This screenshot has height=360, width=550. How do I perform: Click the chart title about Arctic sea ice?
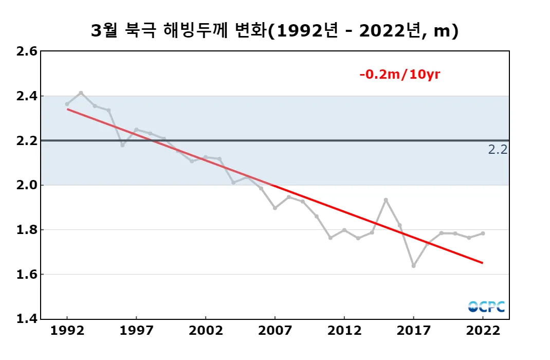pyautogui.click(x=274, y=31)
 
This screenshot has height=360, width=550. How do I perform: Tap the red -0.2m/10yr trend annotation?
pyautogui.click(x=400, y=75)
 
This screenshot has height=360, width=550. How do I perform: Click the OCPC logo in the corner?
pyautogui.click(x=486, y=307)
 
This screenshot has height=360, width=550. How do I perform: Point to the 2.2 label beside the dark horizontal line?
pyautogui.click(x=498, y=150)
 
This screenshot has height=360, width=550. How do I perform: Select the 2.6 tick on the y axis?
pyautogui.click(x=27, y=51)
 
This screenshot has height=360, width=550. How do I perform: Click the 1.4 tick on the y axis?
pyautogui.click(x=27, y=319)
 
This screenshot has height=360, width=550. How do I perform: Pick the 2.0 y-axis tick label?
pyautogui.click(x=27, y=185)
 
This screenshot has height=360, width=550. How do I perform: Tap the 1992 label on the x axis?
pyautogui.click(x=67, y=331)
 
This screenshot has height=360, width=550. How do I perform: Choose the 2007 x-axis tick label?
pyautogui.click(x=275, y=331)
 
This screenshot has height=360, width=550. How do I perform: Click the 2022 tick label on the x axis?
pyautogui.click(x=483, y=331)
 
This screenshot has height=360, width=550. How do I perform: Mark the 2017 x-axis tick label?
pyautogui.click(x=413, y=331)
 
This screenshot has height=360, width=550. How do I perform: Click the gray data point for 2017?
pyautogui.click(x=413, y=266)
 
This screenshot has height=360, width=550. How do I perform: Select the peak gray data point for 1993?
pyautogui.click(x=81, y=93)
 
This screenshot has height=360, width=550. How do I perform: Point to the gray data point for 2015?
pyautogui.click(x=386, y=200)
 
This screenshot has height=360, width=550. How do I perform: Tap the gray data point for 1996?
pyautogui.click(x=122, y=145)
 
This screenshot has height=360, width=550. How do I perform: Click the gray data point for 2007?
pyautogui.click(x=275, y=208)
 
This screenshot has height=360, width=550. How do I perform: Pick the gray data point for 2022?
pyautogui.click(x=483, y=233)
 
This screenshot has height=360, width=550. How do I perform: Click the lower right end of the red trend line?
pyautogui.click(x=482, y=263)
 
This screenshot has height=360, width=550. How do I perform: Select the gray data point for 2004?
pyautogui.click(x=233, y=183)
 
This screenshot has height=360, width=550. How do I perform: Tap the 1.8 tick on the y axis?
pyautogui.click(x=27, y=230)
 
